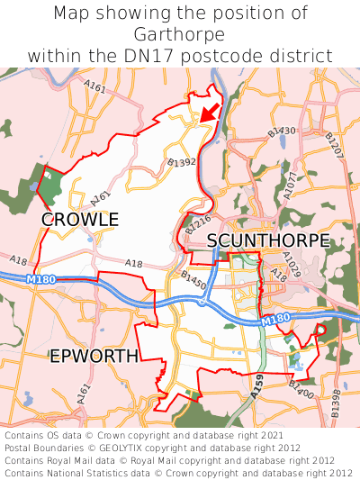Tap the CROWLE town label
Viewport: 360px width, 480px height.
(x=80, y=220)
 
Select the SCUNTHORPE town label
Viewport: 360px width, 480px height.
(x=268, y=240)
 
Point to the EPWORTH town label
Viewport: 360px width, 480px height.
(x=94, y=357)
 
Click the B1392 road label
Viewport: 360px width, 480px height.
(x=182, y=163)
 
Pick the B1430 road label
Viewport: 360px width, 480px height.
(x=281, y=132)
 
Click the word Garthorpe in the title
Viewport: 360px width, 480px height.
(x=180, y=34)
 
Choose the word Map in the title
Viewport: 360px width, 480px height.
(x=72, y=14)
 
